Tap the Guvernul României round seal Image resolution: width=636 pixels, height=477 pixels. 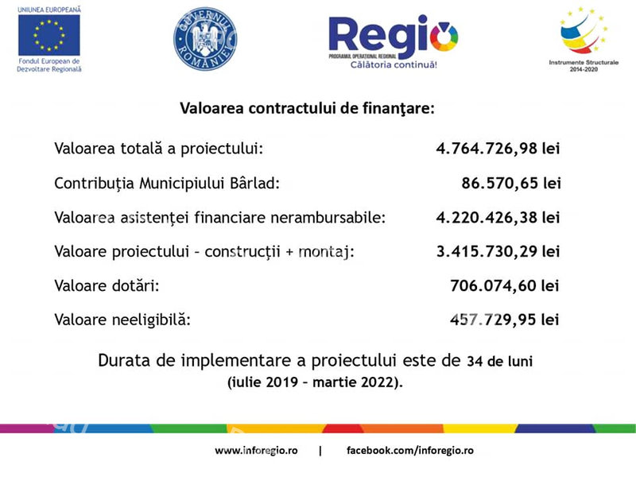(x=205, y=40)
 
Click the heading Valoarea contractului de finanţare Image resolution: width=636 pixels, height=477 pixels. (x=307, y=108)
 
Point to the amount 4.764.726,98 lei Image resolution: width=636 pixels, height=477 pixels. (x=498, y=149)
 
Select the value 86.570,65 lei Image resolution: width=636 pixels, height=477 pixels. (x=511, y=183)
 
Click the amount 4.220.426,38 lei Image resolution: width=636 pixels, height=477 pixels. (x=498, y=217)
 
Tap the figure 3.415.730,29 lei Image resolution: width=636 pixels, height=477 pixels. (x=498, y=251)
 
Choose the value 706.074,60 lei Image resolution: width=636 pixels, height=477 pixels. (x=505, y=285)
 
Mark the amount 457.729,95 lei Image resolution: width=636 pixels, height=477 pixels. (x=505, y=320)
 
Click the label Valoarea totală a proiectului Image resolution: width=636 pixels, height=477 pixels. (x=158, y=149)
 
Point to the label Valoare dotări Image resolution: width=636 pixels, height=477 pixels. (x=107, y=285)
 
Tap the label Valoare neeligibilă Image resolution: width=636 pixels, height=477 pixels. (x=123, y=320)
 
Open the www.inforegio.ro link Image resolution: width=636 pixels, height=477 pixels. (x=256, y=450)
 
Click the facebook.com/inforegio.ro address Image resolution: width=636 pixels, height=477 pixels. (x=410, y=450)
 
